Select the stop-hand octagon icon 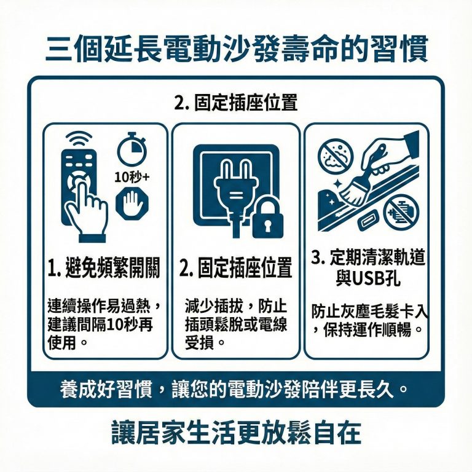click(130, 203)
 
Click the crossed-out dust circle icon click(335, 156)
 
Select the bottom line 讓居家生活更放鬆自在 click(236, 433)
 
